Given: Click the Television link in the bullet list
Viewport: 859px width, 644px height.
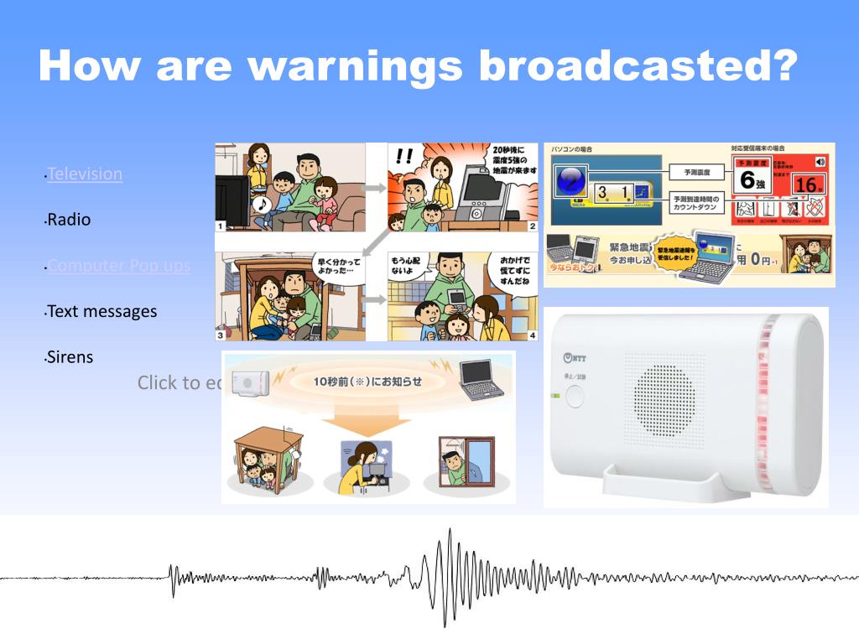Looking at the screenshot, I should pyautogui.click(x=85, y=174).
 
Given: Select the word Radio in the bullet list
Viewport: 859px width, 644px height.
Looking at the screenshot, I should pyautogui.click(x=69, y=220).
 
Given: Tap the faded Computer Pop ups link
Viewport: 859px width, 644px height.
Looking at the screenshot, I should pyautogui.click(x=118, y=266).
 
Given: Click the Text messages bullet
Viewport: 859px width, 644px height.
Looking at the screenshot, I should pyautogui.click(x=102, y=311).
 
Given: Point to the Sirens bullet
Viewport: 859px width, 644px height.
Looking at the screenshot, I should pyautogui.click(x=70, y=357).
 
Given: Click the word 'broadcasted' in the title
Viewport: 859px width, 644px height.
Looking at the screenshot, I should pyautogui.click(x=637, y=65).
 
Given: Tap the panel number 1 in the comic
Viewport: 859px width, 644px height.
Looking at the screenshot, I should pyautogui.click(x=221, y=226).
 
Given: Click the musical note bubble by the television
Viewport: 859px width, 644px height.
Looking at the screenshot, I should pyautogui.click(x=262, y=204).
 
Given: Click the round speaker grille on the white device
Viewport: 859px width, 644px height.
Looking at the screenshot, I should pyautogui.click(x=664, y=395).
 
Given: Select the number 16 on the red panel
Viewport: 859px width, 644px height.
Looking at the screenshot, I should pyautogui.click(x=804, y=184).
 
